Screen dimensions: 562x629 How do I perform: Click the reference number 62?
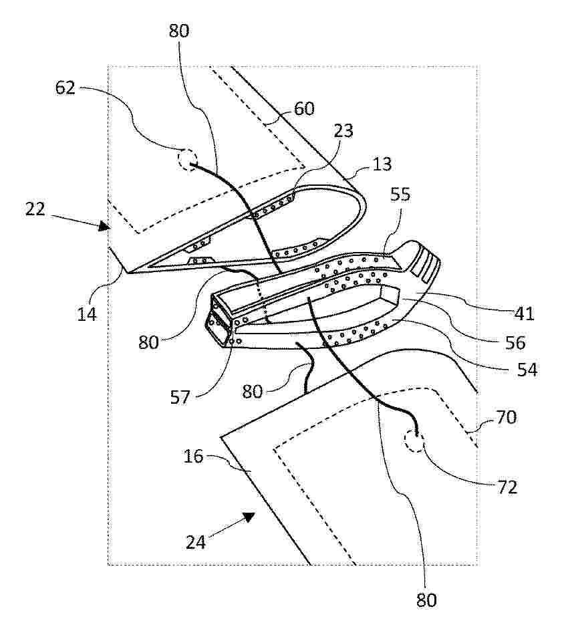coord(65,88)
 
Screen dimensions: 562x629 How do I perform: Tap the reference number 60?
coord(305,108)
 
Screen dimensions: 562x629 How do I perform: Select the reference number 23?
coord(343,130)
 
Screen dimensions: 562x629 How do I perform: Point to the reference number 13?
coord(382,164)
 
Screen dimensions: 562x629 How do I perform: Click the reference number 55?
coord(400,194)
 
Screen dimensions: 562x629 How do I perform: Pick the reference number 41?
coord(525,313)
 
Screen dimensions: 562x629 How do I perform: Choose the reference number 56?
coord(515,343)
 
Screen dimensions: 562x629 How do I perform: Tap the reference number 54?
coord(527,370)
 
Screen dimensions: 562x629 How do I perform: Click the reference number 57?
coord(179,398)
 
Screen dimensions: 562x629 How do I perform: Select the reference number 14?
coord(87,314)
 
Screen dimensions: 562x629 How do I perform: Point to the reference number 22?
coord(35,209)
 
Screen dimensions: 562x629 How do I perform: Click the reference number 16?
coord(193,457)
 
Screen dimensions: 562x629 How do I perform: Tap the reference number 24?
coord(196,542)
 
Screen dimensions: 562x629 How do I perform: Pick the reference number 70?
coord(507,417)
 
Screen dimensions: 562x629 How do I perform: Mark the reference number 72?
coord(507,487)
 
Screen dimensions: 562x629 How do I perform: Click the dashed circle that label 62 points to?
coord(188,160)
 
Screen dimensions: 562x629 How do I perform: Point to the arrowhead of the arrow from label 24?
coord(249,517)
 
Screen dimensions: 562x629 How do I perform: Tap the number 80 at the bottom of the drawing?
coord(426,600)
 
